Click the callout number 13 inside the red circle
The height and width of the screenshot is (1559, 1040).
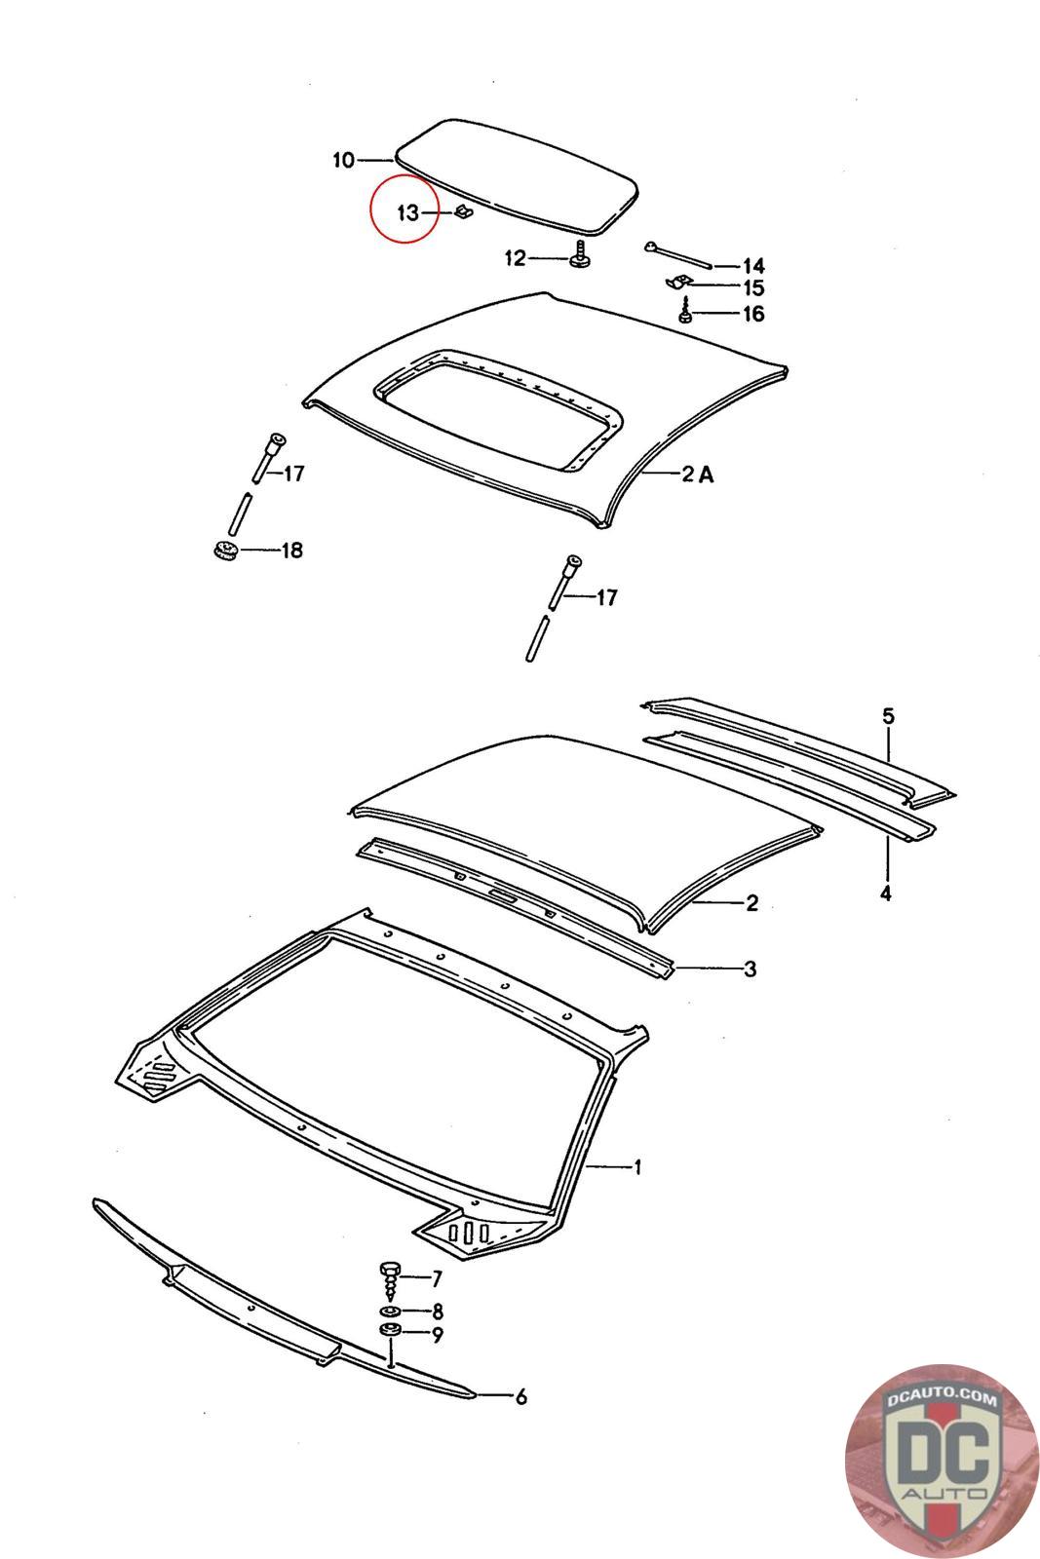406,211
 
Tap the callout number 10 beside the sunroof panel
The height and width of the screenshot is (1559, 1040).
343,160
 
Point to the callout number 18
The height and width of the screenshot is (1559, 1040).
291,551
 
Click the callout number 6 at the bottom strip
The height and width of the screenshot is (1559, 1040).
520,1397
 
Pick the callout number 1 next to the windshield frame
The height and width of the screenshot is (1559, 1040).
637,1166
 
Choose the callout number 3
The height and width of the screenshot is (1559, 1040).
750,969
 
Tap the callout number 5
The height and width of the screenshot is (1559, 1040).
887,716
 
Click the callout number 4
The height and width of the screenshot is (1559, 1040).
885,893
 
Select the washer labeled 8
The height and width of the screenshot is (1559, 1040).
389,1312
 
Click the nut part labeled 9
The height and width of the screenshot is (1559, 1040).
389,1333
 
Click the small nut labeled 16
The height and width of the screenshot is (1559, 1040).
685,315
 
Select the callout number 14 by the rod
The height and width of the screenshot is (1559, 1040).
752,266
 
